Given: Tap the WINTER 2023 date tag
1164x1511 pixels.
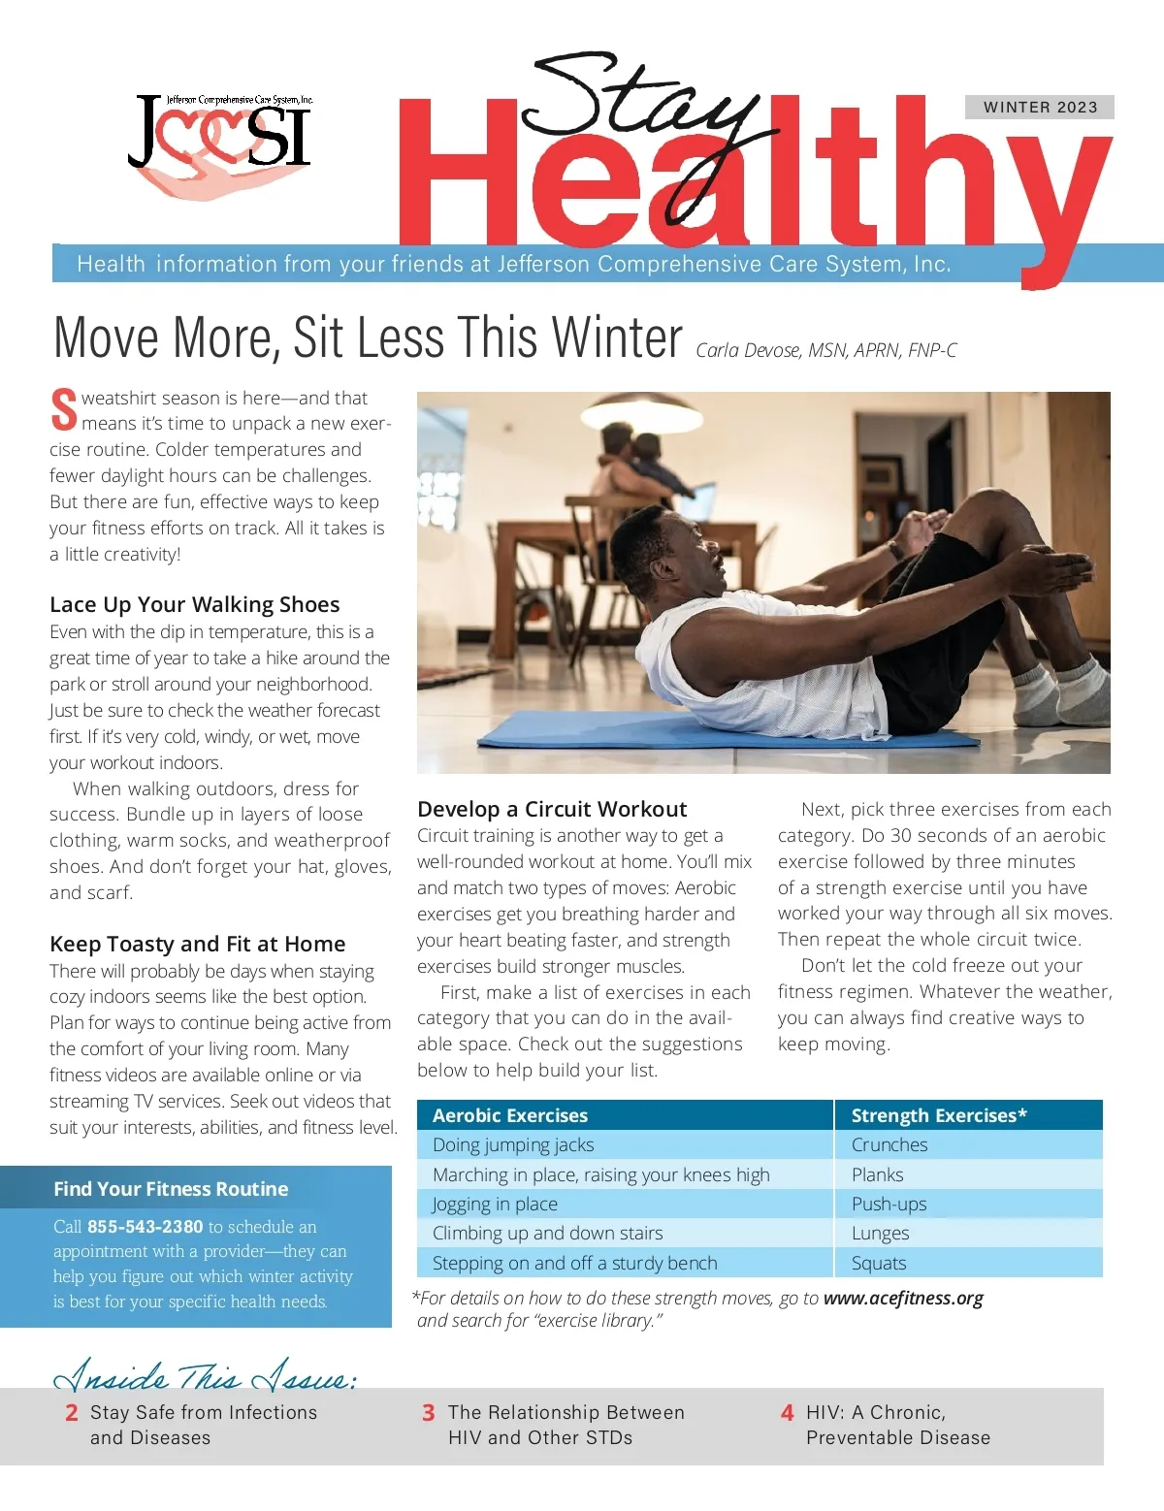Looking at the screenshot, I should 1040,107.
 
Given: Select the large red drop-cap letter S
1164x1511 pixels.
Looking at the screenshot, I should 63,409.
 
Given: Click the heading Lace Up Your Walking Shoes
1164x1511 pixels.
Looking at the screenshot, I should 194,604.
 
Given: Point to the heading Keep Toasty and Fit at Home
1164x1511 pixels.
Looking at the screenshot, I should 197,944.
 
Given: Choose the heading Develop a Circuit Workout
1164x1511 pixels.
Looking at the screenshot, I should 552,809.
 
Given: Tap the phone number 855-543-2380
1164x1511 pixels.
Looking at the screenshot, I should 145,1226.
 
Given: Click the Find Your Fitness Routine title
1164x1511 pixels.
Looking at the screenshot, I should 171,1189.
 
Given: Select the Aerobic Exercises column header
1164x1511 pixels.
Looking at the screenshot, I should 510,1115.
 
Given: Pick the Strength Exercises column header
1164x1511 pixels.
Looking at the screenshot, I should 938,1115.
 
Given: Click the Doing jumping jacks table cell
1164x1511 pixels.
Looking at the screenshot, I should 513,1144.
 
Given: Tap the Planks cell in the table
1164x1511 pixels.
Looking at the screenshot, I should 877,1174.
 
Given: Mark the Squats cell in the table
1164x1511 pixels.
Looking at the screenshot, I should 879,1263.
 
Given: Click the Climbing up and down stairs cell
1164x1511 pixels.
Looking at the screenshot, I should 547,1233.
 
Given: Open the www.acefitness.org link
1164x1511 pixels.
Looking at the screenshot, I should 903,1298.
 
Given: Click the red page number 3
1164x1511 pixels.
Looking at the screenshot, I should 428,1413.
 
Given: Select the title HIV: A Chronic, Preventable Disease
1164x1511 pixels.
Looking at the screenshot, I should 897,1425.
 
